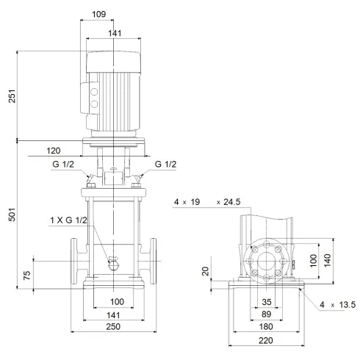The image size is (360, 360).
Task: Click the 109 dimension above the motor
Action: point(114,14)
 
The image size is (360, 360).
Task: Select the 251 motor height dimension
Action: point(11,96)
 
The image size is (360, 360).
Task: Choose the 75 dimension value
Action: point(27,276)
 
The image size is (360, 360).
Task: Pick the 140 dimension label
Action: point(329,262)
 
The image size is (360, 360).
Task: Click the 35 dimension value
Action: point(266,301)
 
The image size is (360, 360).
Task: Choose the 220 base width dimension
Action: point(266,341)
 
